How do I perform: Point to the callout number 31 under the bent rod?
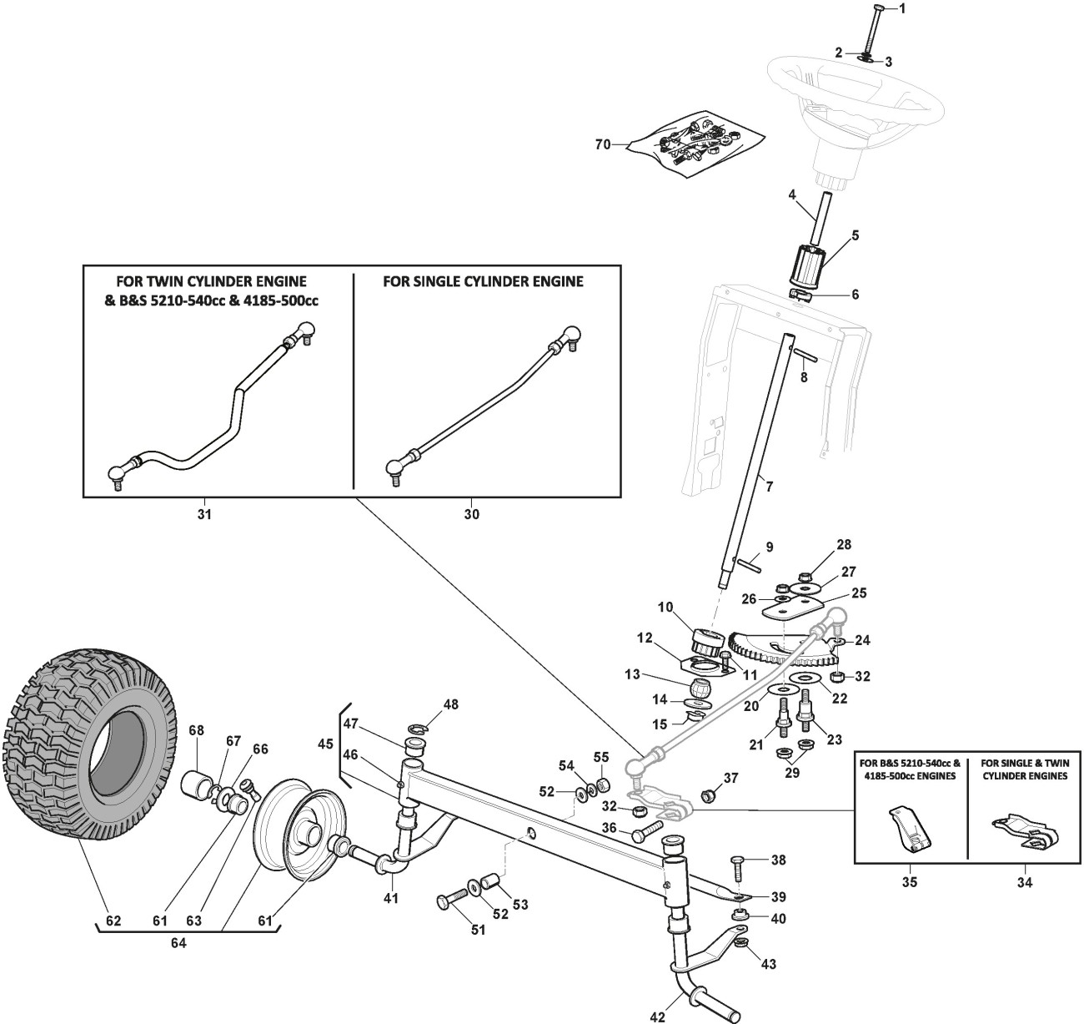pyautogui.click(x=204, y=515)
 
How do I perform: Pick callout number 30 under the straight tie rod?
pyautogui.click(x=471, y=515)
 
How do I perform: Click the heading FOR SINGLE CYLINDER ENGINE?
pyautogui.click(x=483, y=281)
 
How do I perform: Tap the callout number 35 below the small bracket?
pyautogui.click(x=909, y=881)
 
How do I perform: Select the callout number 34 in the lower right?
pyautogui.click(x=1024, y=881)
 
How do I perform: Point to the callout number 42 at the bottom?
pyautogui.click(x=658, y=1016)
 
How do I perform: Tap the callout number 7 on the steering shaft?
pyautogui.click(x=769, y=486)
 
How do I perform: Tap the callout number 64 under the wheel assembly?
pyautogui.click(x=178, y=943)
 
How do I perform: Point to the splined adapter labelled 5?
pyautogui.click(x=805, y=266)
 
